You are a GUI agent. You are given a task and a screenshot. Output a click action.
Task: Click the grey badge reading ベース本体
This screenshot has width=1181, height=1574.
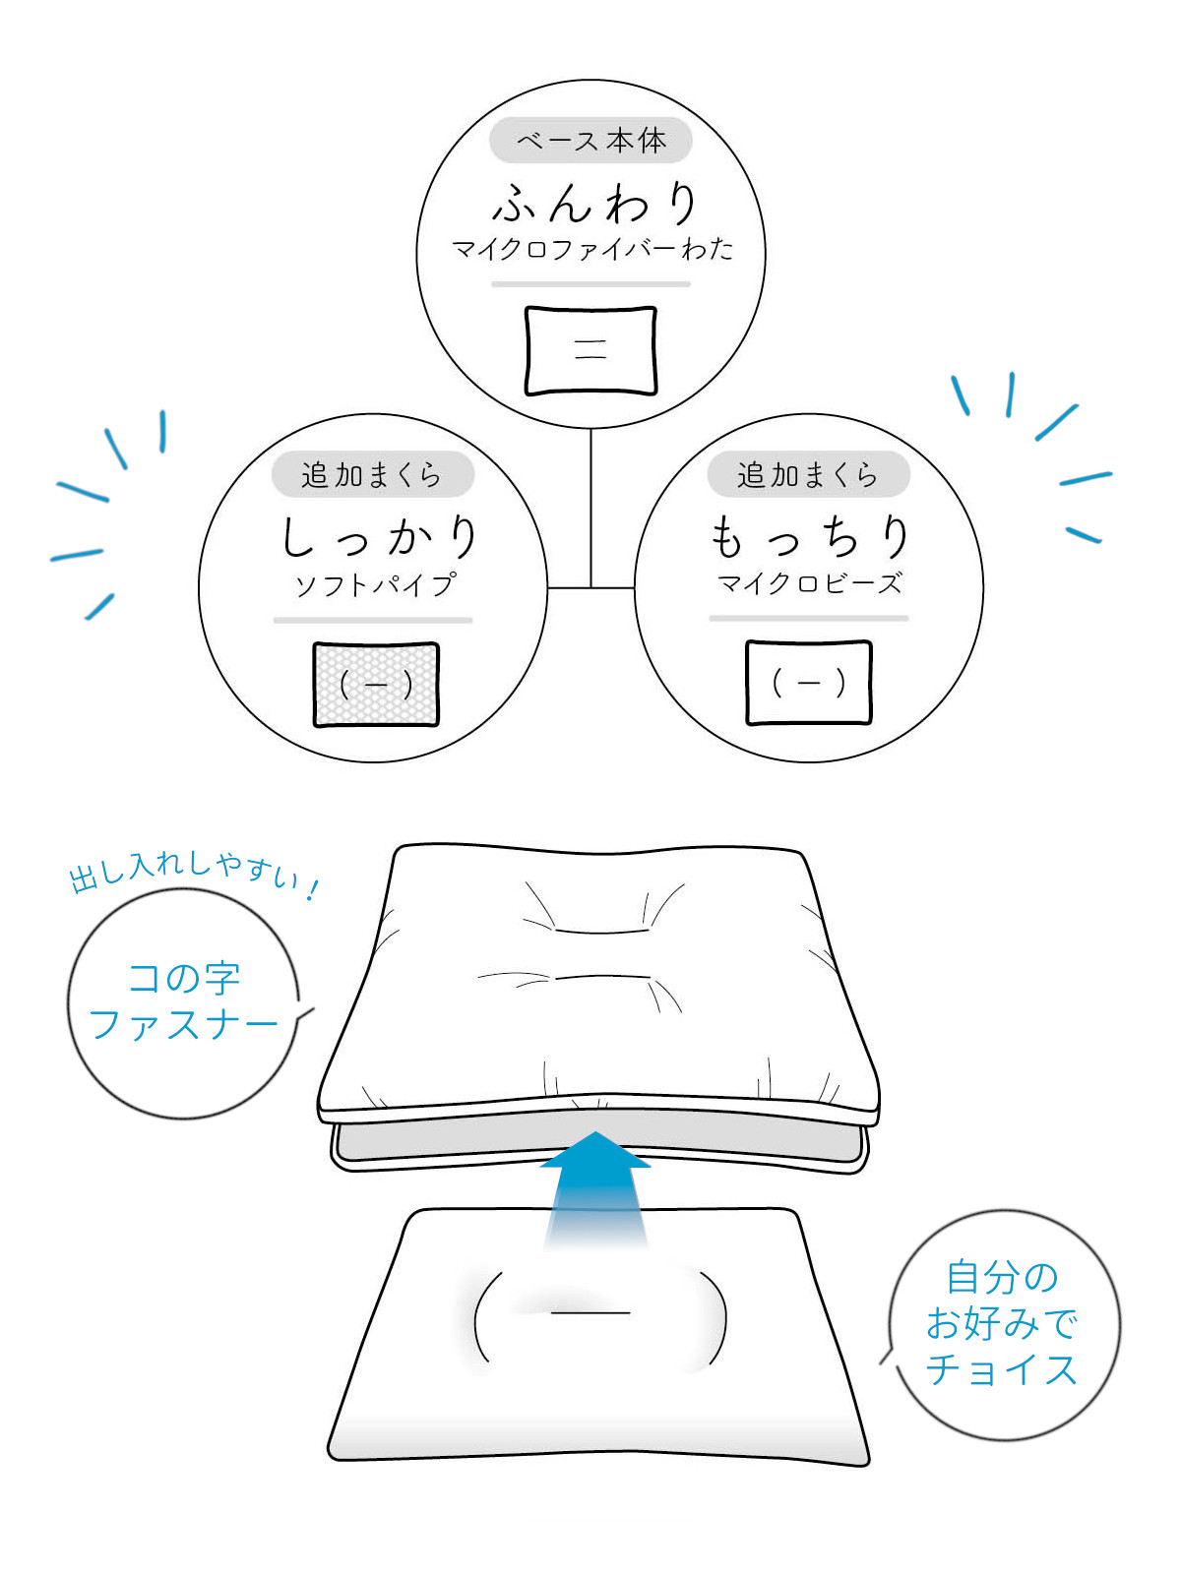(x=590, y=140)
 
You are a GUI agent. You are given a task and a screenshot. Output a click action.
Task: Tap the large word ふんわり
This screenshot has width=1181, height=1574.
(x=594, y=204)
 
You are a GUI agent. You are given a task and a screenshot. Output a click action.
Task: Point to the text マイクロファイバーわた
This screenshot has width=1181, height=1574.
(x=592, y=250)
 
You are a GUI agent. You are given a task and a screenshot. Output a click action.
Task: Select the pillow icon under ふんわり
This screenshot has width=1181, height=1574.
(x=590, y=350)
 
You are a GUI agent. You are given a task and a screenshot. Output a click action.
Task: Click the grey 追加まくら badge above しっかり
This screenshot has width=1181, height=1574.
(x=372, y=474)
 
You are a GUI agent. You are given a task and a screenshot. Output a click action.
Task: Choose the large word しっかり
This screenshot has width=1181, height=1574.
(x=379, y=538)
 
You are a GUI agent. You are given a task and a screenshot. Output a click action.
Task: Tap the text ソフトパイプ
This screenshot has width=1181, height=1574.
(x=374, y=583)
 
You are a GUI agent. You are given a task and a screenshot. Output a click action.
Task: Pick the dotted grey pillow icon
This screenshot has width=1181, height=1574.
(x=376, y=685)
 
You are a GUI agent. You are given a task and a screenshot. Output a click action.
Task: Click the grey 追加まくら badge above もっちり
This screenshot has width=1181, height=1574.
(x=808, y=474)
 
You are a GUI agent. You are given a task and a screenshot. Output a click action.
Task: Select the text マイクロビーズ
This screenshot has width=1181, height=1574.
(x=810, y=583)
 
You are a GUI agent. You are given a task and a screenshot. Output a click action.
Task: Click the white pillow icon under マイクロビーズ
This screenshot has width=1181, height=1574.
(x=809, y=683)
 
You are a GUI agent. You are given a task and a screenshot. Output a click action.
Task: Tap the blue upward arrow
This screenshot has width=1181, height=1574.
(x=595, y=1188)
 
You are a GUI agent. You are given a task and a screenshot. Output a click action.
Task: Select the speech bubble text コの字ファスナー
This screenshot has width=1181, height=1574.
(x=183, y=1001)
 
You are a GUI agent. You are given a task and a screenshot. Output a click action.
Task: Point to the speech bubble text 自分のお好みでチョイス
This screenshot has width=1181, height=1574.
(x=1002, y=1324)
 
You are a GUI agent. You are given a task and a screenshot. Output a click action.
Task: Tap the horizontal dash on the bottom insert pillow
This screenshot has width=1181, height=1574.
(x=590, y=1312)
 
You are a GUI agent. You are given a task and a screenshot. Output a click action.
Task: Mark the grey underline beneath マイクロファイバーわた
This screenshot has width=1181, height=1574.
(x=590, y=284)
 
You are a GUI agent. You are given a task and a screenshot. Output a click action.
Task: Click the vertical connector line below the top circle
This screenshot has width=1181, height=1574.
(x=590, y=508)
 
